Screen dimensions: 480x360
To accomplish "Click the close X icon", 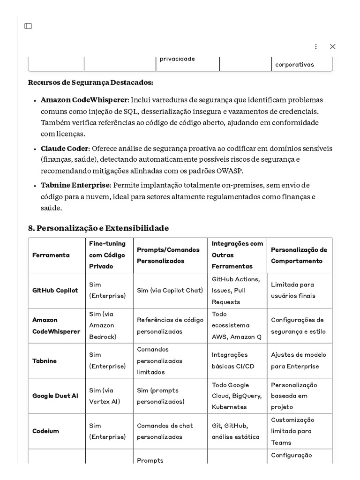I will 332,46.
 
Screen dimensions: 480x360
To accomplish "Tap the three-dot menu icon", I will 315,46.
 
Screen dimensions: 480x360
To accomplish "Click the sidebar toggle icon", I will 28,26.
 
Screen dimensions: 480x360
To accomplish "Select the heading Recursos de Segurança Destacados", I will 90,82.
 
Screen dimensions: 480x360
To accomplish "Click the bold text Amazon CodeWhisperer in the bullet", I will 84,100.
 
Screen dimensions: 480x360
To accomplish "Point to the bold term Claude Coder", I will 64,149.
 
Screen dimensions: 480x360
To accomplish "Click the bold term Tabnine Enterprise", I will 75,185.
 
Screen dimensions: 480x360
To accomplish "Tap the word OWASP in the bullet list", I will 230,171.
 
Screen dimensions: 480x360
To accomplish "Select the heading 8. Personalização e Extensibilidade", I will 98,228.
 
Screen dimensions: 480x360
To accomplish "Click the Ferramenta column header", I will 51,255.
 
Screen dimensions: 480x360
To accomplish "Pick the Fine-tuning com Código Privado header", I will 107,255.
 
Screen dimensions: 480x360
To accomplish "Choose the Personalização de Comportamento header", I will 299,255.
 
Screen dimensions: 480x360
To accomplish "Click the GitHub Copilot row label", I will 55,291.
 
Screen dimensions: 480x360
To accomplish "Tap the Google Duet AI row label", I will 55,396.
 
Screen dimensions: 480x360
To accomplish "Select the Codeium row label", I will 45,431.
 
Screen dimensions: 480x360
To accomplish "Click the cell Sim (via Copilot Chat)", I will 170,291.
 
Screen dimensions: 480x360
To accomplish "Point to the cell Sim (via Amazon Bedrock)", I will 102,325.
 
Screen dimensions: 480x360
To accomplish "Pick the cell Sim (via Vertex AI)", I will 102,396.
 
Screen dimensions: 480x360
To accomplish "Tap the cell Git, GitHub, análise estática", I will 235,431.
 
